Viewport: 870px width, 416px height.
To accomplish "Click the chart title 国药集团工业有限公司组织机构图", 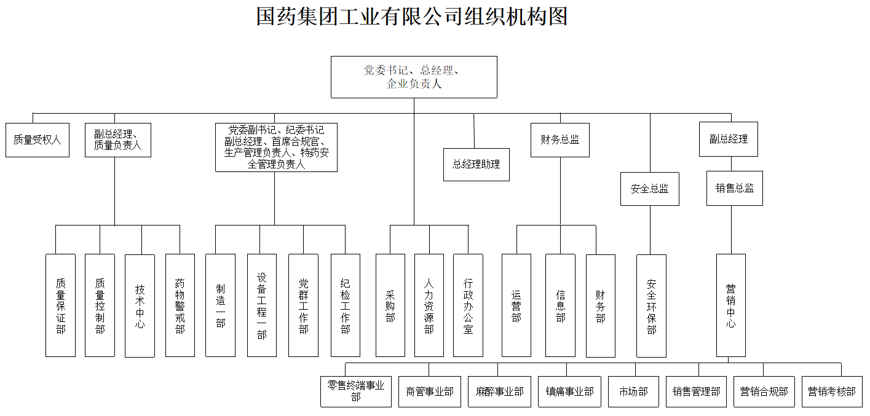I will pos(411,17).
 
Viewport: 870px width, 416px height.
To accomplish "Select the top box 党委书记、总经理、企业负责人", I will pos(414,77).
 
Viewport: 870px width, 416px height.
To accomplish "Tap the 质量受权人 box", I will pos(38,140).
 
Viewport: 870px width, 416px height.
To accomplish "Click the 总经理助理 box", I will pos(477,164).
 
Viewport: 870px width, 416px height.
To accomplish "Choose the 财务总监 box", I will pos(560,140).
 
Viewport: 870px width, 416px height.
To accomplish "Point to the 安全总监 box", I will pos(650,189).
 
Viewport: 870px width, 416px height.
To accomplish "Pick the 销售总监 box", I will pos(734,189).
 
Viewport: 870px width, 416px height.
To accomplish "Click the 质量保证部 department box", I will pos(60,305).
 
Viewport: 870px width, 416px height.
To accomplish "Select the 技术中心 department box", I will pos(140,305).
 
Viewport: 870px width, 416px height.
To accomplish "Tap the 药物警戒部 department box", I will pos(180,305).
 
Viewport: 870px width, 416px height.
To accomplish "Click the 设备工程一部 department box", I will pos(262,305).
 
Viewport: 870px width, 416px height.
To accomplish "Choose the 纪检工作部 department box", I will pos(346,305).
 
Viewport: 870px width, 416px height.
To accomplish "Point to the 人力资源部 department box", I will pos(429,305).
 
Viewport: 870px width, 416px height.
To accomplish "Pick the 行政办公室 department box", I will pos(469,305).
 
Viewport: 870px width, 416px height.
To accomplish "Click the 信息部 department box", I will pos(560,305).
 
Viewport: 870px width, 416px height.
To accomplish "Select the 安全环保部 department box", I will pos(651,305).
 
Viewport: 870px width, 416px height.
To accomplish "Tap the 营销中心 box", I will pos(731,305).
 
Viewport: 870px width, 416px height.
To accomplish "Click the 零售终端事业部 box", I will pos(356,391).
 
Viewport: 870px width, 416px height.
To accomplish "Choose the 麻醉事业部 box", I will pos(499,391).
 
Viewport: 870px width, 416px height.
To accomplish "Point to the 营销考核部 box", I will pos(831,391).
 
